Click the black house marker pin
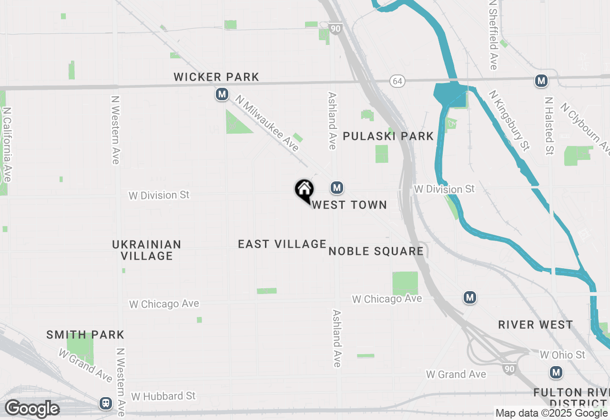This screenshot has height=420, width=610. pyautogui.click(x=304, y=189)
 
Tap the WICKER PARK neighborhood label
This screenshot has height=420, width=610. pyautogui.click(x=216, y=77)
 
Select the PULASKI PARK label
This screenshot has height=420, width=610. pyautogui.click(x=388, y=136)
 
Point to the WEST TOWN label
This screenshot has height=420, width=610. pyautogui.click(x=349, y=205)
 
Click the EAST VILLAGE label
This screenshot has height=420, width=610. pyautogui.click(x=282, y=244)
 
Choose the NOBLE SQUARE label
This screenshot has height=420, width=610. pyautogui.click(x=376, y=251)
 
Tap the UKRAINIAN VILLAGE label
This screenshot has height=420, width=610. pyautogui.click(x=147, y=250)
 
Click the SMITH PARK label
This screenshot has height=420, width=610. pyautogui.click(x=85, y=335)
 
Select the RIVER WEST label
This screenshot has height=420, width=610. pyautogui.click(x=536, y=325)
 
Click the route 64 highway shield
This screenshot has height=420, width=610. pyautogui.click(x=397, y=81)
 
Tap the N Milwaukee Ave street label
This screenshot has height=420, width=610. pyautogui.click(x=267, y=123)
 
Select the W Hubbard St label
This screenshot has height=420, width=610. pyautogui.click(x=163, y=396)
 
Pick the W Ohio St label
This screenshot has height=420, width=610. pyautogui.click(x=562, y=355)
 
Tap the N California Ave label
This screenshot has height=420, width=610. pyautogui.click(x=7, y=143)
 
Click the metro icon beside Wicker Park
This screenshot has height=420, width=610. pyautogui.click(x=222, y=94)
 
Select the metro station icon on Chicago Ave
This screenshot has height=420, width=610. pyautogui.click(x=470, y=298)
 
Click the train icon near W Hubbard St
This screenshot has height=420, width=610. pyautogui.click(x=106, y=403)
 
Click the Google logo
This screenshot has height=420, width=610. pyautogui.click(x=32, y=409)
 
